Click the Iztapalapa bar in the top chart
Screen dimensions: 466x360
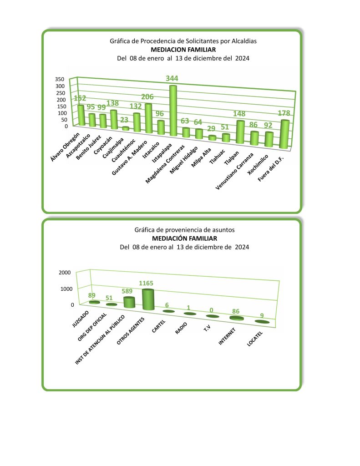point(173,111)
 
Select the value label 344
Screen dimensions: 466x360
point(172,78)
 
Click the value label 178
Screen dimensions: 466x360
point(284,113)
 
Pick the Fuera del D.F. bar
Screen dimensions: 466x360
point(284,134)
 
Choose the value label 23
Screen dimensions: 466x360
point(124,120)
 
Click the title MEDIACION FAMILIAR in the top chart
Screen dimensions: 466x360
point(183,50)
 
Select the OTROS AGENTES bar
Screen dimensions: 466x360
point(148,300)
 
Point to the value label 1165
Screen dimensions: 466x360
point(146,284)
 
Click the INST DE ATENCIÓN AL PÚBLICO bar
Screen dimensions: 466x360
point(129,302)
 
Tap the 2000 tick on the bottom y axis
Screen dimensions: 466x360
point(64,272)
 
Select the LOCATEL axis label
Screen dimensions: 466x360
point(255,339)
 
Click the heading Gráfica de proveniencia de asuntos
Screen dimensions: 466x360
point(184,230)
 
